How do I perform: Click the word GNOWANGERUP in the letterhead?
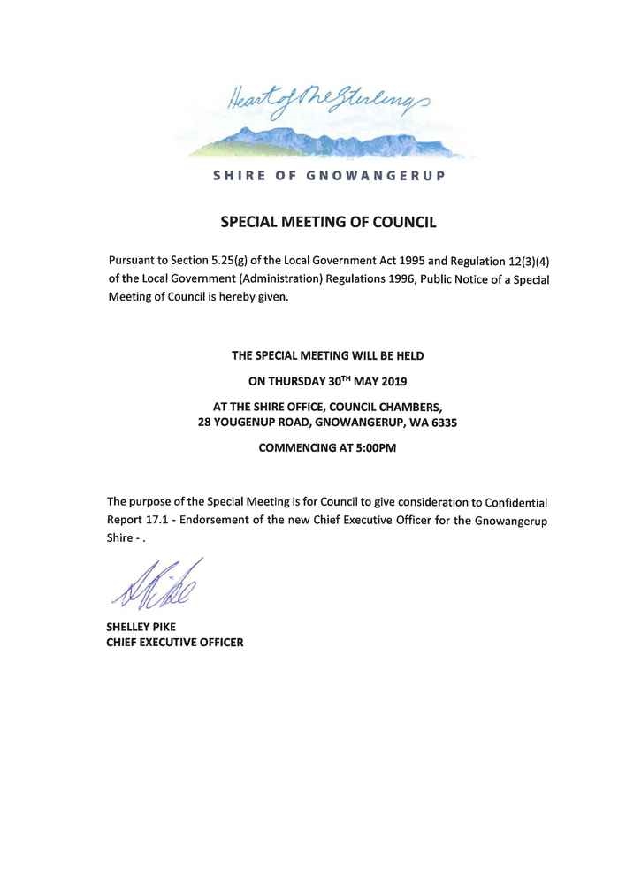375,175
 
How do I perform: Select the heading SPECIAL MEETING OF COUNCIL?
328,223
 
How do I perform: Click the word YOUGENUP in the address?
245,423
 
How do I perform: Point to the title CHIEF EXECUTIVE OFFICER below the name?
174,642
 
